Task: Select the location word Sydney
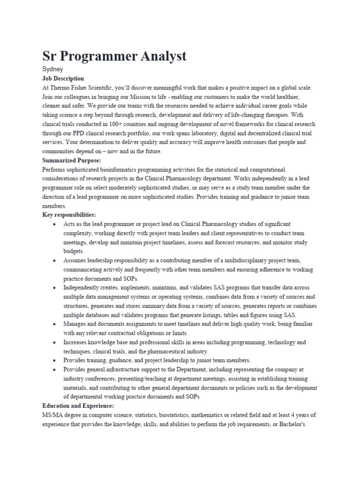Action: pyautogui.click(x=52, y=69)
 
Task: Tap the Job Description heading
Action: pyautogui.click(x=63, y=78)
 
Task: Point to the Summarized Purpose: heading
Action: pyautogui.click(x=71, y=160)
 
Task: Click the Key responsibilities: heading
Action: pyautogui.click(x=69, y=215)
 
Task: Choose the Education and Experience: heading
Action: pyautogui.click(x=78, y=405)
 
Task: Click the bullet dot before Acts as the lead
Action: pyautogui.click(x=55, y=224)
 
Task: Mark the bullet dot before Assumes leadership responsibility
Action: pyautogui.click(x=55, y=260)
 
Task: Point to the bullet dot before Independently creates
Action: pyautogui.click(x=55, y=288)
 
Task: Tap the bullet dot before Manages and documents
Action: pyautogui.click(x=55, y=324)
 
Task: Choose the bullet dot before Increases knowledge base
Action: pyautogui.click(x=55, y=342)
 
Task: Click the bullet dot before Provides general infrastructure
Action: pyautogui.click(x=55, y=369)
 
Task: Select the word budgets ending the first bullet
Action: pyautogui.click(x=74, y=251)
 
